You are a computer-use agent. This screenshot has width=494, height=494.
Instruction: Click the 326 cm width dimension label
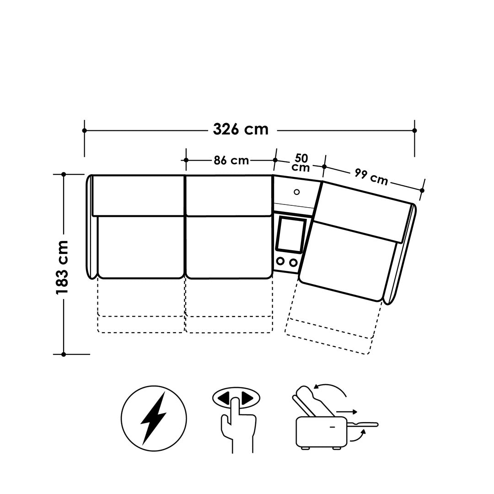pyautogui.click(x=241, y=129)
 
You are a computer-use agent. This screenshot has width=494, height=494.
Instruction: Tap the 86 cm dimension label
pyautogui.click(x=231, y=161)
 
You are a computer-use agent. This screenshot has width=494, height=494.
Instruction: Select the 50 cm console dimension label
pyautogui.click(x=301, y=162)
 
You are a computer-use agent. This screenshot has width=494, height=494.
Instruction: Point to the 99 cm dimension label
pyautogui.click(x=371, y=177)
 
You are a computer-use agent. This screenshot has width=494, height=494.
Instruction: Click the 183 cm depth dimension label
pyautogui.click(x=62, y=268)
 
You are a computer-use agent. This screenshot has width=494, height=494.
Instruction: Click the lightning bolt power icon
pyautogui.click(x=154, y=419)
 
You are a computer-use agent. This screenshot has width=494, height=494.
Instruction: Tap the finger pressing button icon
pyautogui.click(x=237, y=419)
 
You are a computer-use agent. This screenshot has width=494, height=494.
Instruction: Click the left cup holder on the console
pyautogui.click(x=280, y=261)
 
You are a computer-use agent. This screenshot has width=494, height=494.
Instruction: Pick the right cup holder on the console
pyautogui.click(x=293, y=262)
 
